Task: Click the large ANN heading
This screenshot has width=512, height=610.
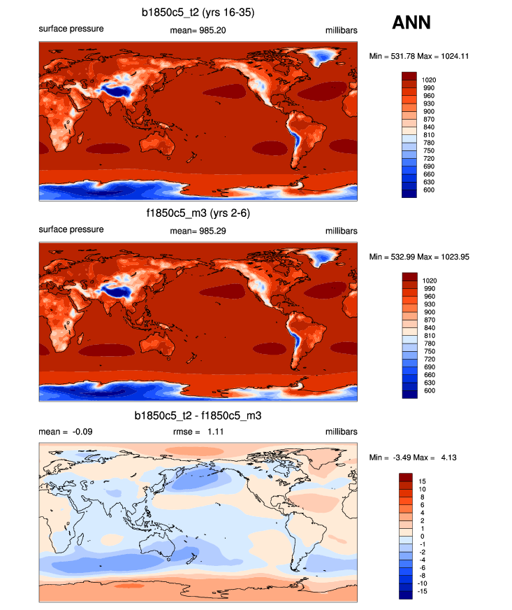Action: coord(411,23)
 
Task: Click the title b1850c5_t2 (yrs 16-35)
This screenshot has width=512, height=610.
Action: coord(198,12)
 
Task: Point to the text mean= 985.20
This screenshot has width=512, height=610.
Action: coord(198,30)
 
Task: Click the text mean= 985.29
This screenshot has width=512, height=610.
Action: coord(198,230)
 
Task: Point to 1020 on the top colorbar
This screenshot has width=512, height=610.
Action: coord(430,80)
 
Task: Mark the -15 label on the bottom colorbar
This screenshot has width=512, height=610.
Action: coord(424,591)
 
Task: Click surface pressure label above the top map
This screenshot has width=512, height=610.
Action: coord(71,29)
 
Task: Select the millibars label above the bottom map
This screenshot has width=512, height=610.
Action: coord(341,432)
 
